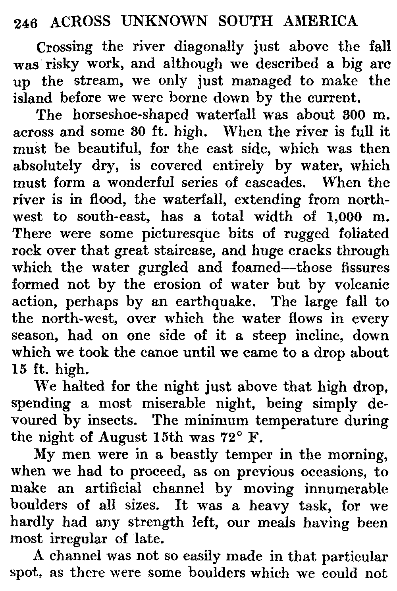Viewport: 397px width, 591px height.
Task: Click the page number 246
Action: [25, 23]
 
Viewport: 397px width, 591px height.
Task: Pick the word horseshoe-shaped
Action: [129, 115]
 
